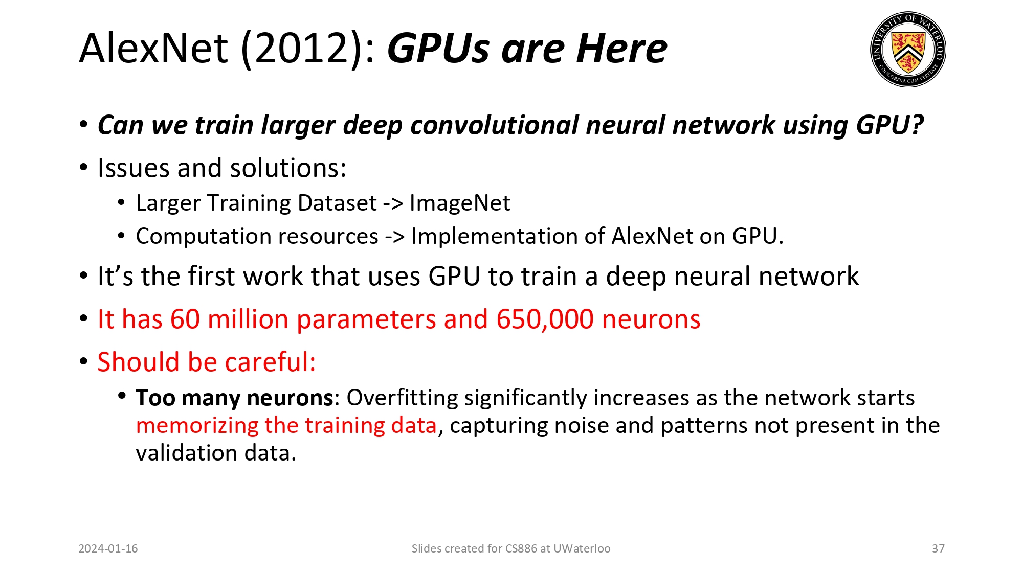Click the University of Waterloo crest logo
908,49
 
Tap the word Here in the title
621,48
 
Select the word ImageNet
459,203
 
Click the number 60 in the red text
185,319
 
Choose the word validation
186,453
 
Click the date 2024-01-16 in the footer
108,548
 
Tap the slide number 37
938,548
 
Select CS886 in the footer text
521,548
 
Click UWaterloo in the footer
582,548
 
